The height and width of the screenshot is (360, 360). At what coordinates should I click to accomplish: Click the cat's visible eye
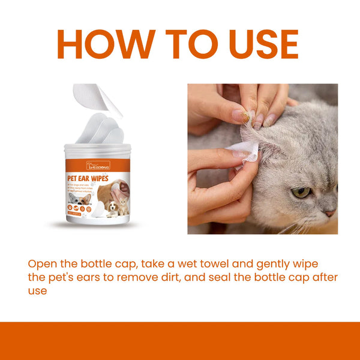301,193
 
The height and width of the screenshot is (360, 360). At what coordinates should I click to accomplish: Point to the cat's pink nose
330,213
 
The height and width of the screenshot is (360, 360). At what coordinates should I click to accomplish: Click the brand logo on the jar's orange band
98,165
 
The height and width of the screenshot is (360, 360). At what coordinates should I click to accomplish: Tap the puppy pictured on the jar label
112,208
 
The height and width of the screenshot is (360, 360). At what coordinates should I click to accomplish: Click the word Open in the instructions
41,264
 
